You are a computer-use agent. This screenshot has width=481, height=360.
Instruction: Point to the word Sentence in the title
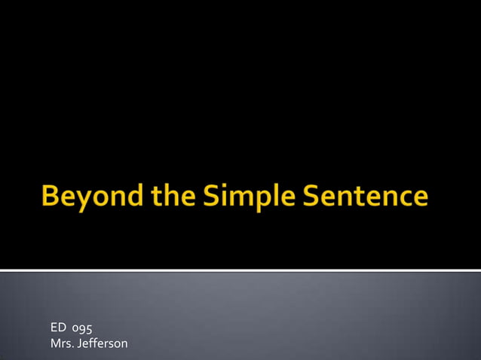(366, 197)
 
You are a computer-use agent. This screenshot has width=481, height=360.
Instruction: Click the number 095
(83, 328)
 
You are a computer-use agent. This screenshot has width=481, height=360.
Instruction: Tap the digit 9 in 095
(83, 329)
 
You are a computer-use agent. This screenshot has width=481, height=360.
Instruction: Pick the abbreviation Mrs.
(62, 344)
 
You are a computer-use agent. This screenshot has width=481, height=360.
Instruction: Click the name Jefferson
(103, 344)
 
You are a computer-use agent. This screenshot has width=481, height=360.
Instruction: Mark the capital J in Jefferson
(81, 344)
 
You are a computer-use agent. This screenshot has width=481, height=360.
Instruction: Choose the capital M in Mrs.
(54, 344)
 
